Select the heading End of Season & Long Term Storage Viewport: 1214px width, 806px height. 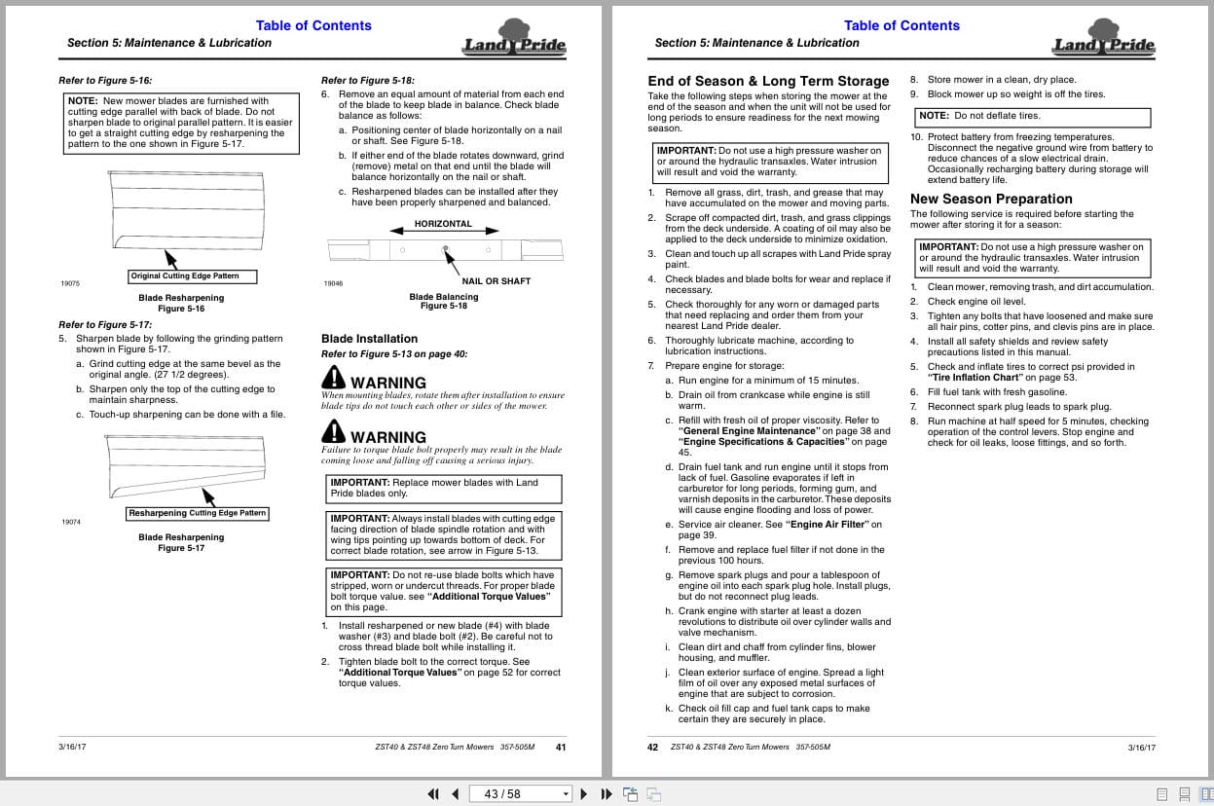tap(768, 81)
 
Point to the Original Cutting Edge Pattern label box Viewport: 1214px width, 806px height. tap(193, 276)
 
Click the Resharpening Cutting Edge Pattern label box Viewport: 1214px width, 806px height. tap(198, 513)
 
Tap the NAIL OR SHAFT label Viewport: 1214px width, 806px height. tap(496, 281)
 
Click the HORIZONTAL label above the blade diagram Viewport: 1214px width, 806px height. tap(443, 224)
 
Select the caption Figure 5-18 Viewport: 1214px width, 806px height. tap(444, 306)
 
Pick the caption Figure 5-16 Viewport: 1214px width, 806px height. tap(181, 309)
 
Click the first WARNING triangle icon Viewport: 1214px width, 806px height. tap(333, 378)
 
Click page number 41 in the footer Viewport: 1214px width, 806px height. tap(561, 748)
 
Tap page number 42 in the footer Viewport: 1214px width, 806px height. tap(653, 748)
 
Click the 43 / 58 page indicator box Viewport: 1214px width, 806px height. tap(520, 793)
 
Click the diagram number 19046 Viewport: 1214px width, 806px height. tap(333, 283)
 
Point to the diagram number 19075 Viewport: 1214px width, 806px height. tap(70, 283)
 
